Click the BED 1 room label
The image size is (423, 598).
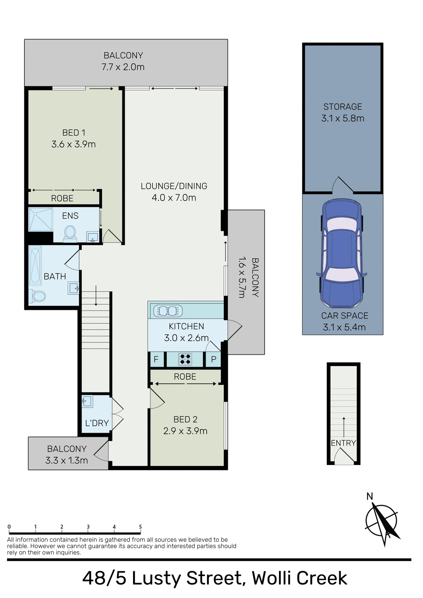tap(74, 133)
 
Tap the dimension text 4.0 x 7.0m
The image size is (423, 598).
tap(174, 198)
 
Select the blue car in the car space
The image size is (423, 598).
tap(342, 253)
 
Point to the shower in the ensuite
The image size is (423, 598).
tap(41, 219)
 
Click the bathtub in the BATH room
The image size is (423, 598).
tap(35, 265)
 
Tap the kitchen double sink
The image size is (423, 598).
tap(168, 311)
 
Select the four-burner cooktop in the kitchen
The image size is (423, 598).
tap(185, 359)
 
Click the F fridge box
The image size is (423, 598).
tap(156, 359)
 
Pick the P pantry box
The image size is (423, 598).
tap(214, 359)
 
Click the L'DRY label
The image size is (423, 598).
tap(97, 423)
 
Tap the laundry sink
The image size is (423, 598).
tap(87, 401)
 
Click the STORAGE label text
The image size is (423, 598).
tap(343, 107)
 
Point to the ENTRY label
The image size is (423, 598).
tap(343, 443)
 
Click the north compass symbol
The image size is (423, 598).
tap(382, 522)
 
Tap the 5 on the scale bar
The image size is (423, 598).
tap(140, 527)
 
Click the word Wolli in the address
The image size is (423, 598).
tap(271, 578)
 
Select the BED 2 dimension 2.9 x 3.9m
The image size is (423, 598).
tap(185, 431)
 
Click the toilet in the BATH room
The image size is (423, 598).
tap(38, 296)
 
